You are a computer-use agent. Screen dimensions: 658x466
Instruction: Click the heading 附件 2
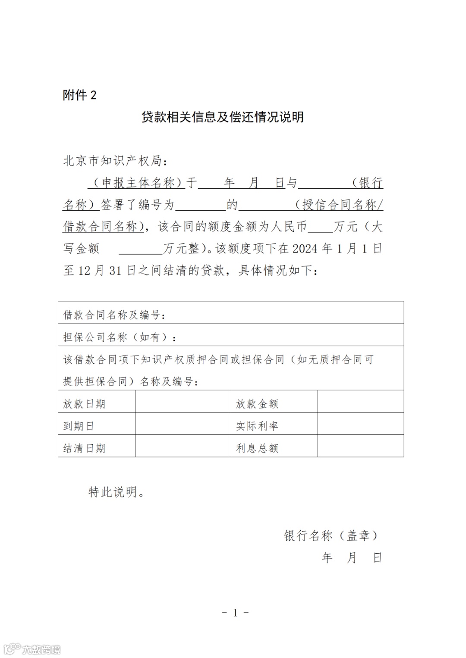(80, 95)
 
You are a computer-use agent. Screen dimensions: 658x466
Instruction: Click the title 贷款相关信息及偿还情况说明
(223, 117)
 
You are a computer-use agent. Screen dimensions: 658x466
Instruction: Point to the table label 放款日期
(84, 404)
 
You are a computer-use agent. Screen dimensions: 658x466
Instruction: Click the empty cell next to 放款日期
(183, 402)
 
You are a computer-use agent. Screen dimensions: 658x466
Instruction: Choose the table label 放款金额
(257, 404)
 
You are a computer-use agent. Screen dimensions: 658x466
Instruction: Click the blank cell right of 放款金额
(360, 402)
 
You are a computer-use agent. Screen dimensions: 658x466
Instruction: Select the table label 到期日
(79, 426)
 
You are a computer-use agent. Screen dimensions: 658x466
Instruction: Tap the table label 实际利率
(257, 426)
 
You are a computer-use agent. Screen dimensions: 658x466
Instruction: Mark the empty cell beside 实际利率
(360, 424)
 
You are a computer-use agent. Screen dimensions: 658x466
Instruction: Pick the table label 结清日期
(84, 448)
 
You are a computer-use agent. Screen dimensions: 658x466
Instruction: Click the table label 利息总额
(257, 448)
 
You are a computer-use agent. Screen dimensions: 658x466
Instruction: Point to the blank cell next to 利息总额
(360, 446)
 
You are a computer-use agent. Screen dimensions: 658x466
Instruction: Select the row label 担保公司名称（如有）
(120, 337)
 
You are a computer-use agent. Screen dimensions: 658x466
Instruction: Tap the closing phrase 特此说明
(116, 492)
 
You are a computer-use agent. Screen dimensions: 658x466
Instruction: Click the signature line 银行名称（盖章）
(331, 536)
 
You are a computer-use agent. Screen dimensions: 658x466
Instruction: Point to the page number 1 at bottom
(235, 613)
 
